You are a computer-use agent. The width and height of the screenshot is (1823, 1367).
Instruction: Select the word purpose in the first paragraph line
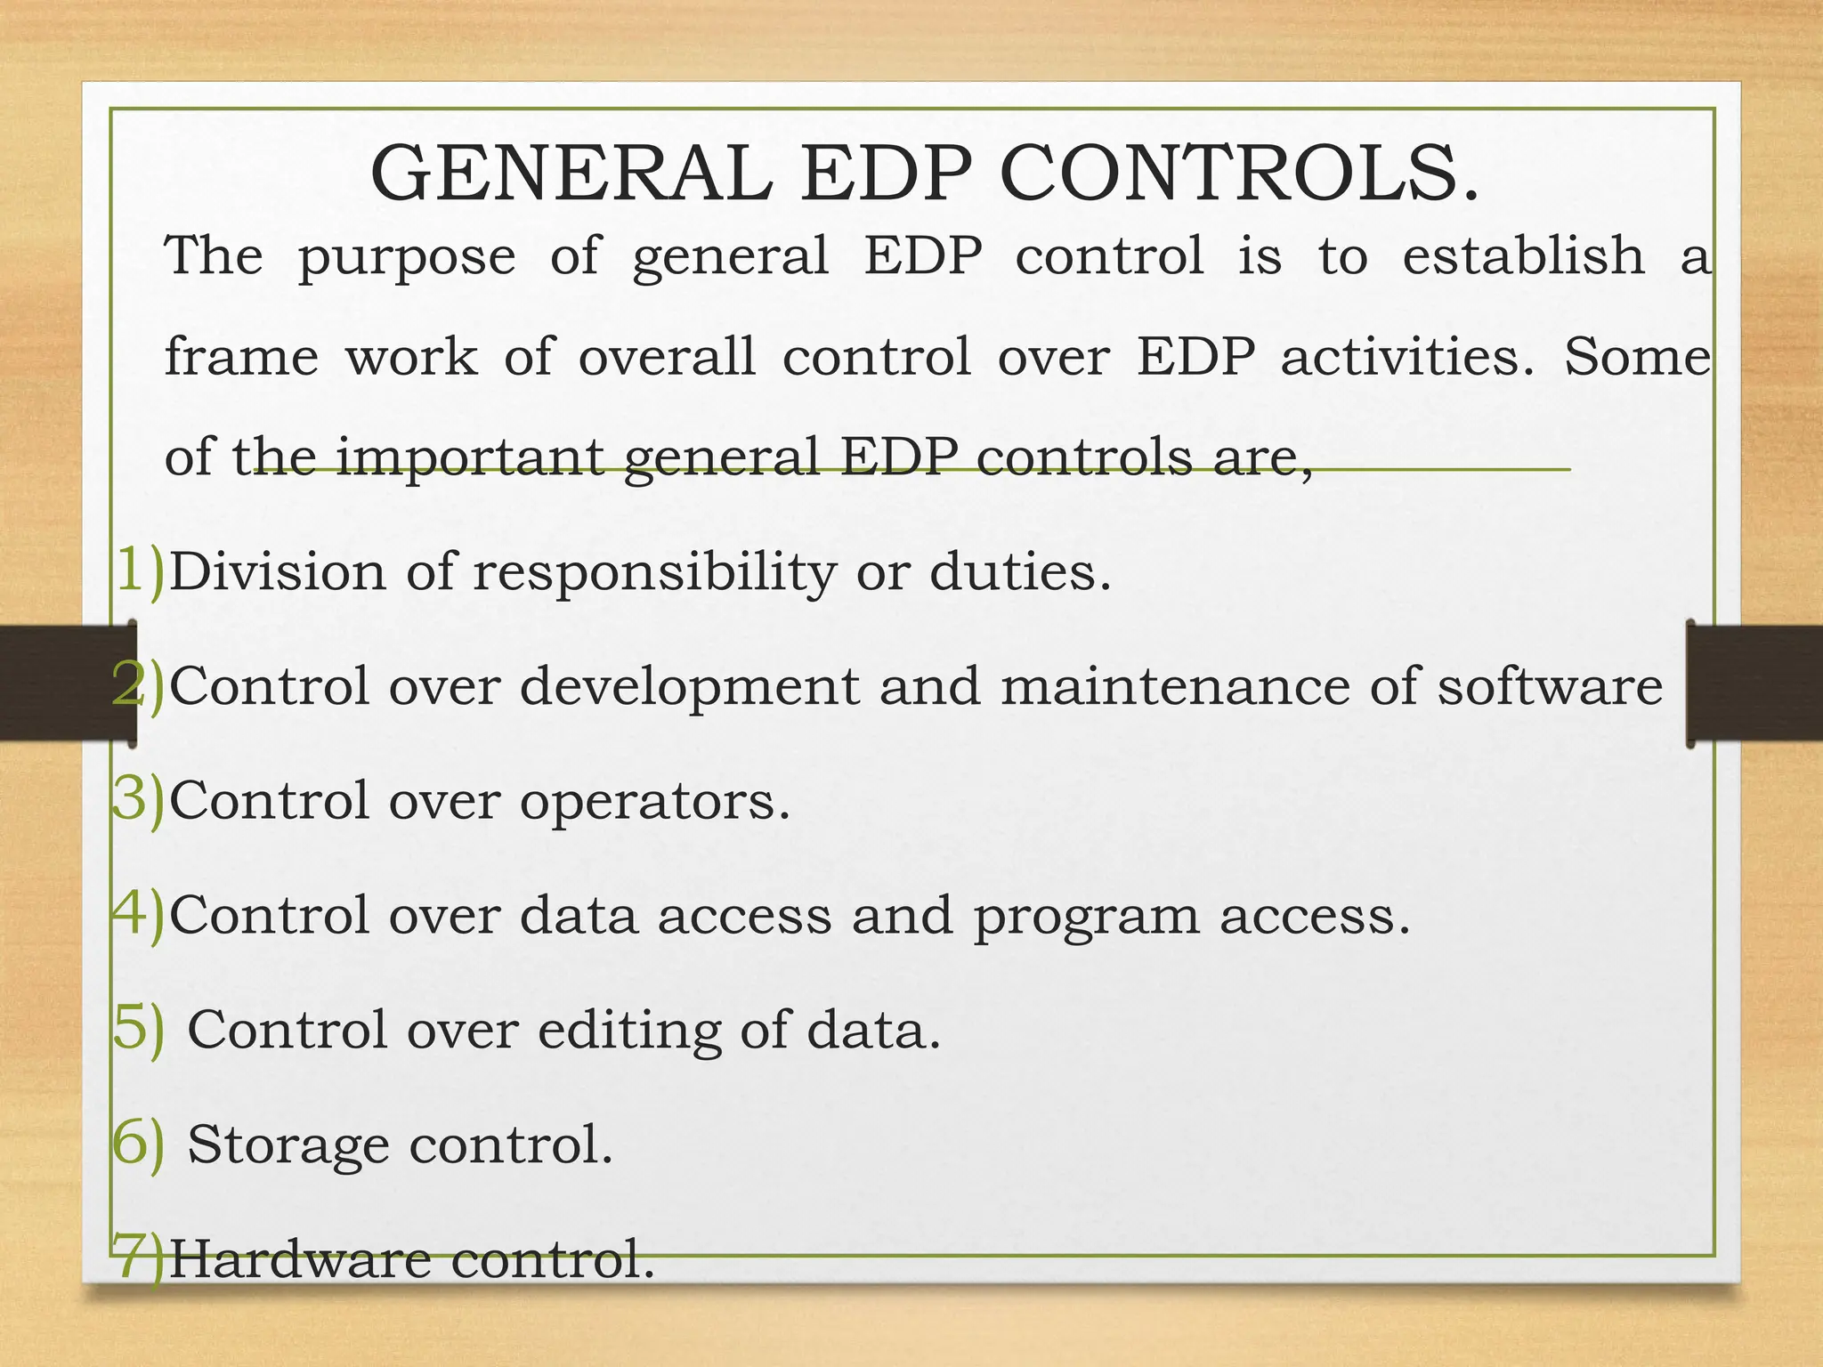(406, 258)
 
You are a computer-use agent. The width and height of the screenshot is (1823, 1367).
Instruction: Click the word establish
(1523, 256)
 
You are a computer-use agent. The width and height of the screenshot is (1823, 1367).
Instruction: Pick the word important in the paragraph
(470, 457)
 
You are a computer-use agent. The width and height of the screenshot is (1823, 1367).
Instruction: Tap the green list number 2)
(139, 686)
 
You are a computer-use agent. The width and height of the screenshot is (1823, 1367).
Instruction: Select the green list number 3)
(139, 800)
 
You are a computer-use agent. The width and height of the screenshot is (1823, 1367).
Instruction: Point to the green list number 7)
(139, 1258)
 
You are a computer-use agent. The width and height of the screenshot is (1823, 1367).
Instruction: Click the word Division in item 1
(278, 571)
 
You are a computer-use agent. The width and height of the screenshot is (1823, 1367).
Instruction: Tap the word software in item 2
(1550, 686)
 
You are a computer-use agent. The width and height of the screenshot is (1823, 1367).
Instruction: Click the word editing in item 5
(629, 1031)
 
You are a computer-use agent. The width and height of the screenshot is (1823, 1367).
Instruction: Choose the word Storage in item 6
(288, 1146)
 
